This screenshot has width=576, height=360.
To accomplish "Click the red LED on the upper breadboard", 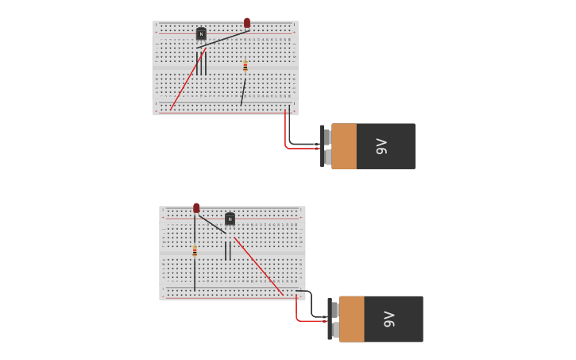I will [x=247, y=23].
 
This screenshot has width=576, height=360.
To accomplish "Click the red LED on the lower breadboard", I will [x=196, y=208].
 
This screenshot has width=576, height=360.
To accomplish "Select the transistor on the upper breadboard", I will [x=201, y=33].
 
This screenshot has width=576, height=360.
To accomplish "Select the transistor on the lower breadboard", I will [x=230, y=219].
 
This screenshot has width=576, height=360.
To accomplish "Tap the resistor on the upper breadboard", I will [x=245, y=66].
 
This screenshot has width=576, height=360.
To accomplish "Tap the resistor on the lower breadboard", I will [x=195, y=251].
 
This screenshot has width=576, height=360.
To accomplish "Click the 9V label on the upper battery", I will [x=381, y=146].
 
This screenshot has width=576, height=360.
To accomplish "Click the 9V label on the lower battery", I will [x=389, y=319].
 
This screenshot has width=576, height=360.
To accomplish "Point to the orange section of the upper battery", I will [x=344, y=146].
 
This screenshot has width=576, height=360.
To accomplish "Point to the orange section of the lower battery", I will [x=352, y=319].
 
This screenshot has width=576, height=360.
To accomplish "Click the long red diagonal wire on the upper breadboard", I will [x=187, y=80].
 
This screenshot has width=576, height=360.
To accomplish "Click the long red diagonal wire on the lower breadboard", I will [x=259, y=266].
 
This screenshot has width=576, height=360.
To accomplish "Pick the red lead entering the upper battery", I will [x=287, y=140].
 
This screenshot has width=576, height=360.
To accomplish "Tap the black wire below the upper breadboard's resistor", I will [x=243, y=92].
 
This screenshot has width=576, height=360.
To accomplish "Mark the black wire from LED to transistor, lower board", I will [x=211, y=223].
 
